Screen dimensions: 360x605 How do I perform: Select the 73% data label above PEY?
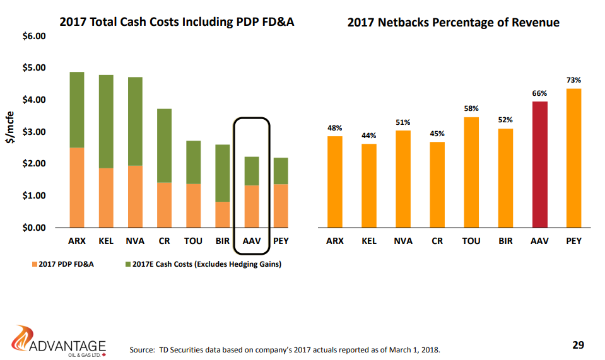(x=573, y=80)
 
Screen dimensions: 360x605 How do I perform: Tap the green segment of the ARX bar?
(x=77, y=110)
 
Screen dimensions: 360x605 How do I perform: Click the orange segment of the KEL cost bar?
(x=106, y=197)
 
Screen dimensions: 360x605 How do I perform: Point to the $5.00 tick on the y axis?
(x=35, y=68)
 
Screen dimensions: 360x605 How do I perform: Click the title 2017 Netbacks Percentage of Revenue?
(x=453, y=23)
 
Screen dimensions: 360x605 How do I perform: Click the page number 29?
(x=578, y=345)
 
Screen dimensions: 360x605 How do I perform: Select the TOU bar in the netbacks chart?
(x=471, y=172)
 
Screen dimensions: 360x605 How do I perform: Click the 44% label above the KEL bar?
(x=368, y=136)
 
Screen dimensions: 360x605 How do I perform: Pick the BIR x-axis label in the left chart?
(x=222, y=241)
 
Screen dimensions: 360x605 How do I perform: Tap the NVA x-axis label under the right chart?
(x=402, y=241)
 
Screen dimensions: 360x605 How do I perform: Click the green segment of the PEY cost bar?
(x=281, y=171)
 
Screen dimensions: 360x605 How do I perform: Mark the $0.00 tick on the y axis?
(x=35, y=228)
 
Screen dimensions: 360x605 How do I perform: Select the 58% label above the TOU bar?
(x=471, y=108)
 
